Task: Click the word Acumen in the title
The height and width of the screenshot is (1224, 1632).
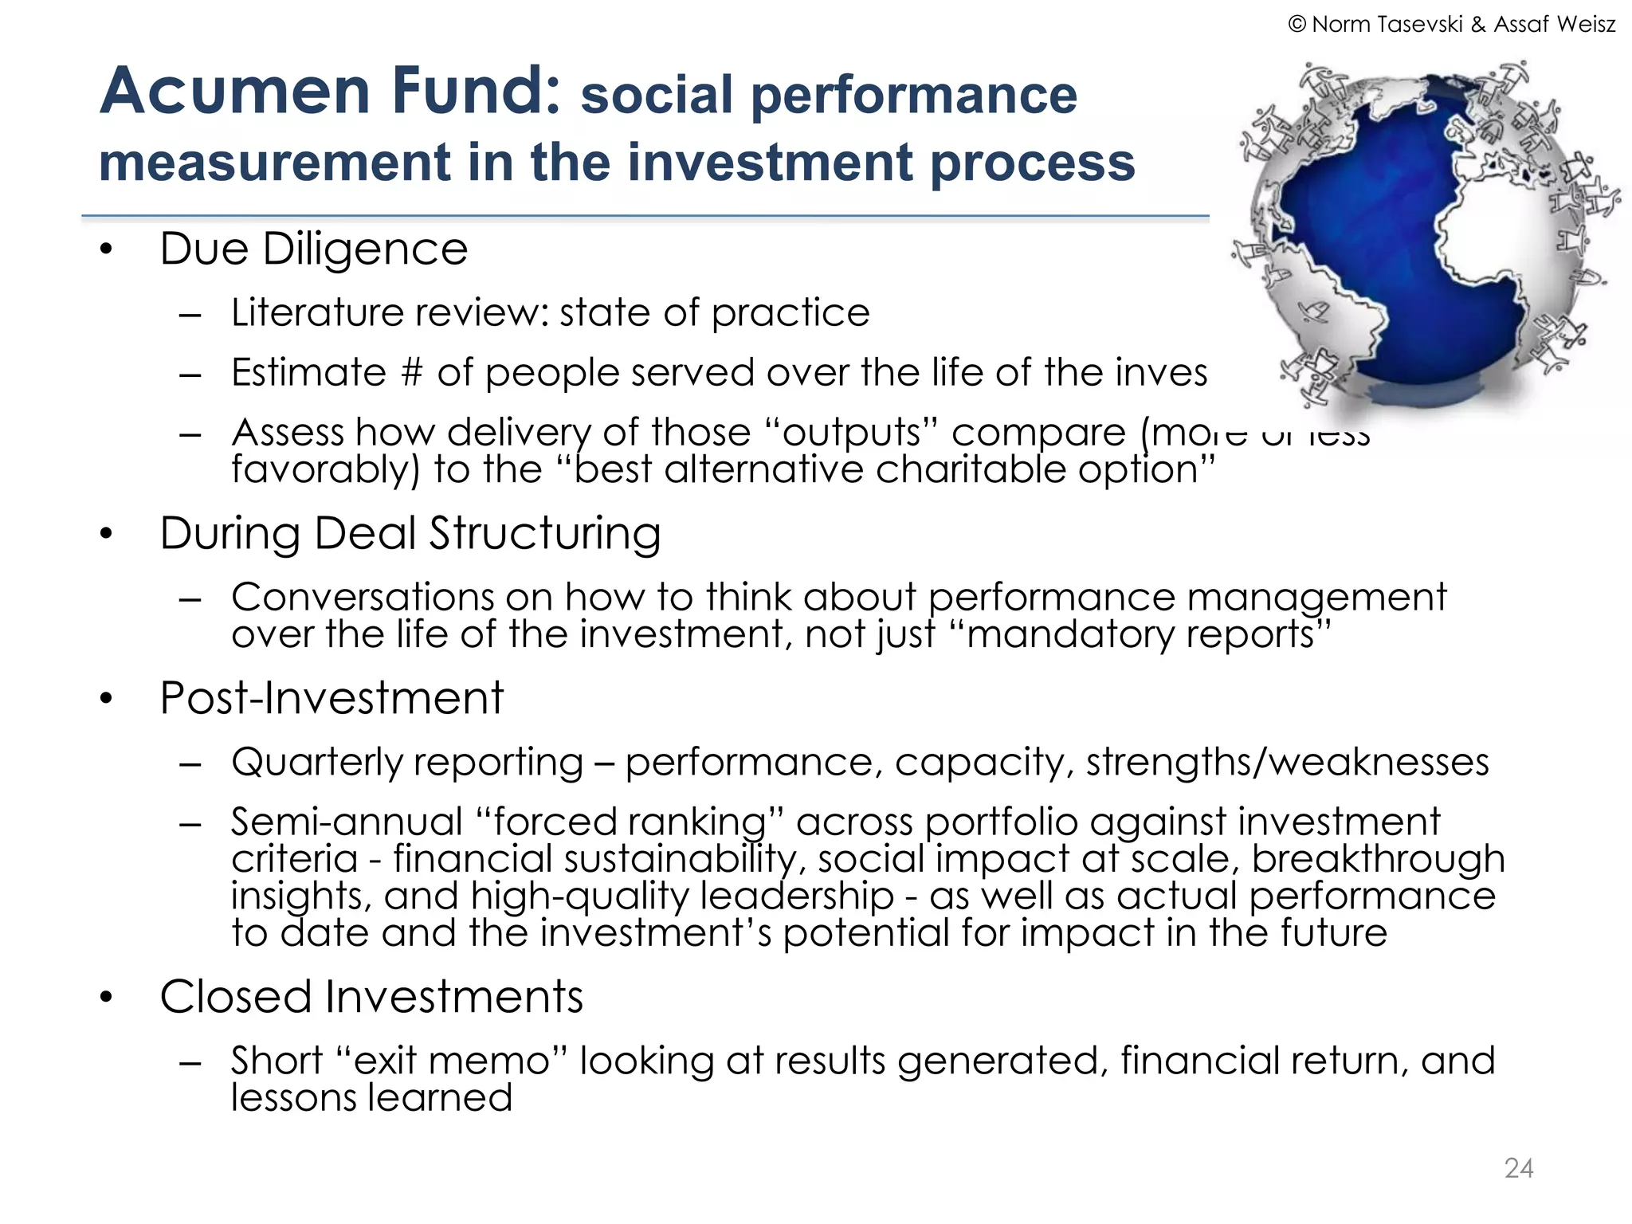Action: (234, 91)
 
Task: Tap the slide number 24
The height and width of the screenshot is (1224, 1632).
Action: (1518, 1168)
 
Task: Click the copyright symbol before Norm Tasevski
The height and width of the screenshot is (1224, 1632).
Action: (1297, 25)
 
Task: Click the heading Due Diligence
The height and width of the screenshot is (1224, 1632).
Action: (313, 249)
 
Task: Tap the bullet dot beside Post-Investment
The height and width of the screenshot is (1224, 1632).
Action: (107, 700)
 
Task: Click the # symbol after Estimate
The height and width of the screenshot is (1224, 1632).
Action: (411, 373)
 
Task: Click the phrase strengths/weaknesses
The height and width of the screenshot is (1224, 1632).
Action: (1287, 763)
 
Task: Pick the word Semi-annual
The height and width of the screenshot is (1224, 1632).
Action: (347, 822)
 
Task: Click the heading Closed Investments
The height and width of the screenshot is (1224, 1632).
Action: (371, 997)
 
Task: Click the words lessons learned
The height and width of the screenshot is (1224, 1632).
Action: (371, 1098)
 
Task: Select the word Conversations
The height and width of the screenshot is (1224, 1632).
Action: (362, 598)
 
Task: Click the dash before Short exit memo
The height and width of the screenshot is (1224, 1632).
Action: (190, 1063)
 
